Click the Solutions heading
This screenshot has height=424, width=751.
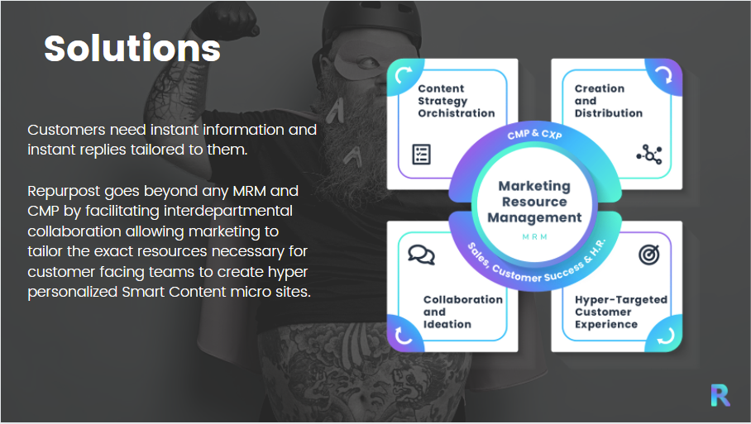[132, 49]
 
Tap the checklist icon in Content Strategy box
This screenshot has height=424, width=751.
[421, 154]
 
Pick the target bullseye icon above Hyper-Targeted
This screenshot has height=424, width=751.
[649, 255]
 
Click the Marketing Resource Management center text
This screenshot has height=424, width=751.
[534, 202]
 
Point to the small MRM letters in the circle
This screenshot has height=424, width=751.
[534, 236]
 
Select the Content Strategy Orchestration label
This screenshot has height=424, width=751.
[456, 101]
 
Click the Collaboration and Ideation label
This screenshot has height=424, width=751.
[462, 312]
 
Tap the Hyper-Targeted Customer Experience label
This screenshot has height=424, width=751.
[620, 312]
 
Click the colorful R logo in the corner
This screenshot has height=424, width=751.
[720, 395]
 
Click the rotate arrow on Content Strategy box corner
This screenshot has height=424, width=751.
[405, 77]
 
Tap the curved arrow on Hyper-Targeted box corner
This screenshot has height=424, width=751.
[664, 335]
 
